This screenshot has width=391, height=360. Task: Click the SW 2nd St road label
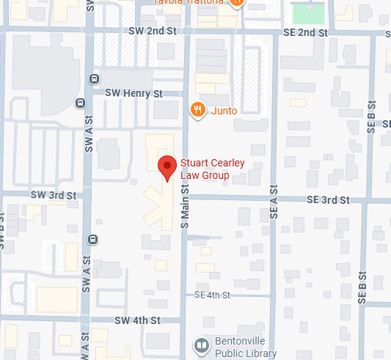tap(152, 32)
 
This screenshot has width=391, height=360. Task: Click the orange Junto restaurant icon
tap(197, 110)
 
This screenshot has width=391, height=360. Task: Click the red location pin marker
tap(167, 168)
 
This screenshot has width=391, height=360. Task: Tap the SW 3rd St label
tap(54, 196)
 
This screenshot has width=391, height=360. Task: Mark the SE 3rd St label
tap(328, 200)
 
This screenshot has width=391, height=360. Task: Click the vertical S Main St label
tap(186, 207)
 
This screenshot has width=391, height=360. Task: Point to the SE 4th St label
tap(212, 295)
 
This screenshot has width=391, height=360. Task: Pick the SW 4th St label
tap(137, 320)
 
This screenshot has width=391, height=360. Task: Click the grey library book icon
tap(200, 345)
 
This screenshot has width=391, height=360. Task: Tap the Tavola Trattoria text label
tap(189, 3)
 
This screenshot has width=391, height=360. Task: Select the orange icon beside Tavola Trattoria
tap(235, 4)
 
